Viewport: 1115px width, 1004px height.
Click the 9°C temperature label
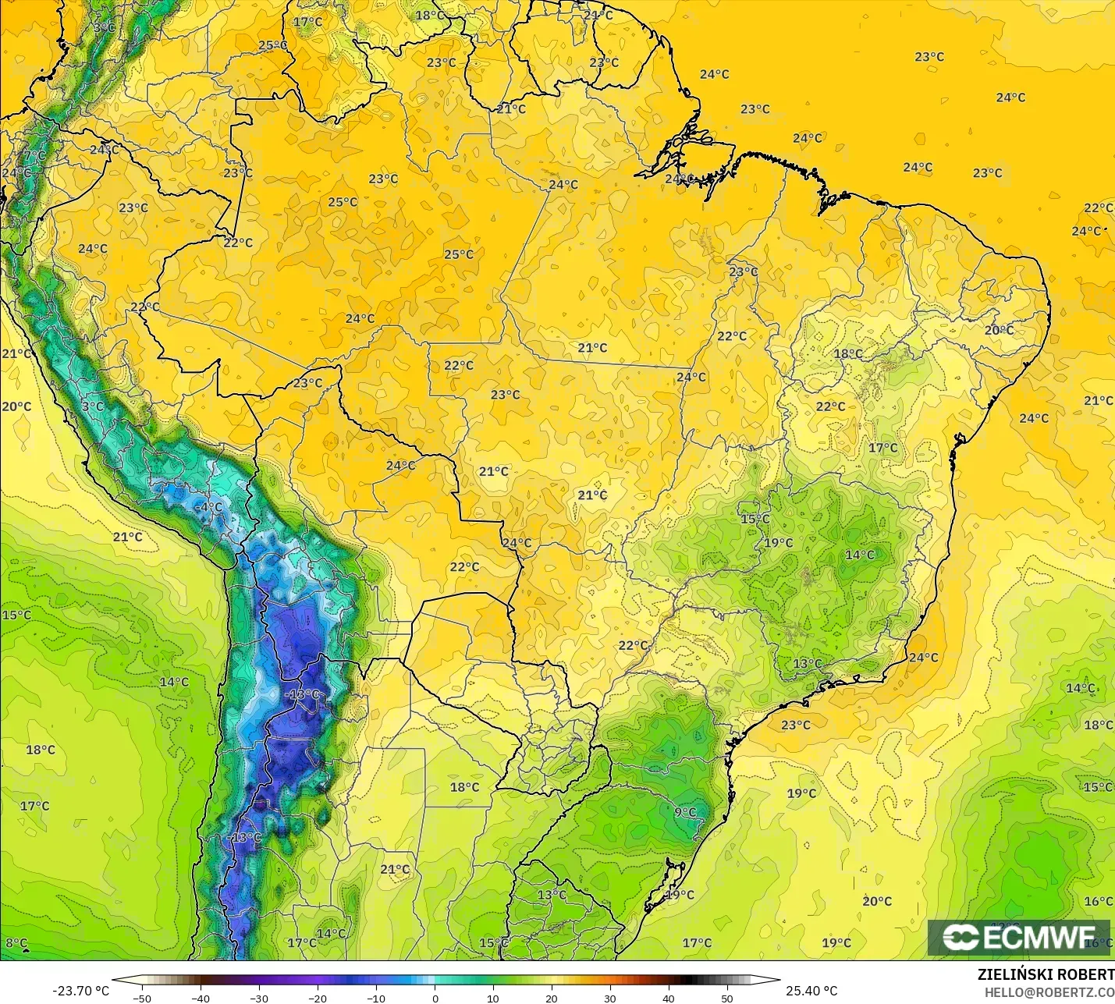[685, 813]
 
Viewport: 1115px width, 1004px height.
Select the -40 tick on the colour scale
[201, 998]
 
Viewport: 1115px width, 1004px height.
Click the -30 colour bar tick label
[259, 998]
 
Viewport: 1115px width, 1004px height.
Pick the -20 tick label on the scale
[318, 998]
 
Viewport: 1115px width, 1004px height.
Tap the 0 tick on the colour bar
[435, 998]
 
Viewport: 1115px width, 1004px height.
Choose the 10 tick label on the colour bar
[493, 998]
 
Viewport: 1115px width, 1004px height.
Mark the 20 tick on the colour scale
[552, 998]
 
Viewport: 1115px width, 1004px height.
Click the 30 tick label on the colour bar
[610, 998]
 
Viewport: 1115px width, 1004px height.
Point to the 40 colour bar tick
[669, 998]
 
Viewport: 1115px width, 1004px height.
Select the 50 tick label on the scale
[727, 998]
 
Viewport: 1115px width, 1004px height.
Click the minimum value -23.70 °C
[80, 991]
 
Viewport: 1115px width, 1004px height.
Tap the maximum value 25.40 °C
[811, 991]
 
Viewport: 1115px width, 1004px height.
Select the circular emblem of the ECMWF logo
[961, 938]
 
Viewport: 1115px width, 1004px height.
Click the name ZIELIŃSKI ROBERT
[1046, 974]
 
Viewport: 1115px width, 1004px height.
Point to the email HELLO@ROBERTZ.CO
[1049, 992]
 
